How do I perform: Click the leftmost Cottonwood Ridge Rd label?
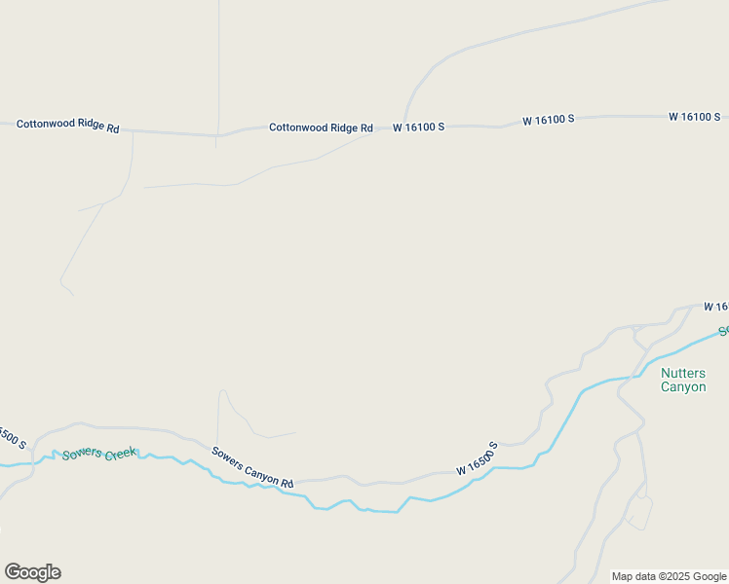pos(67,127)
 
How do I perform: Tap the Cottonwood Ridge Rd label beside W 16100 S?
pos(321,128)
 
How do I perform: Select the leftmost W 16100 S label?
pos(419,128)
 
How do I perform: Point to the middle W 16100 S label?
pos(548,120)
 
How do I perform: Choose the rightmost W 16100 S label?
pos(694,117)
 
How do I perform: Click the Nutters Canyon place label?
pos(683,380)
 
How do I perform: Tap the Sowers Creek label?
pos(99,454)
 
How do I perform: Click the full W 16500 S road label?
pos(477,459)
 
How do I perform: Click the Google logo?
pos(32,572)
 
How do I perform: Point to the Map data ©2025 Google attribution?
pos(670,576)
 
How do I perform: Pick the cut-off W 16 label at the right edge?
pos(716,307)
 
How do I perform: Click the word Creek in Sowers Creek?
pos(122,453)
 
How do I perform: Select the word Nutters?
pos(683,373)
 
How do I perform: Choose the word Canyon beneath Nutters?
pos(683,387)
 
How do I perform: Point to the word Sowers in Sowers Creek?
pos(82,455)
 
